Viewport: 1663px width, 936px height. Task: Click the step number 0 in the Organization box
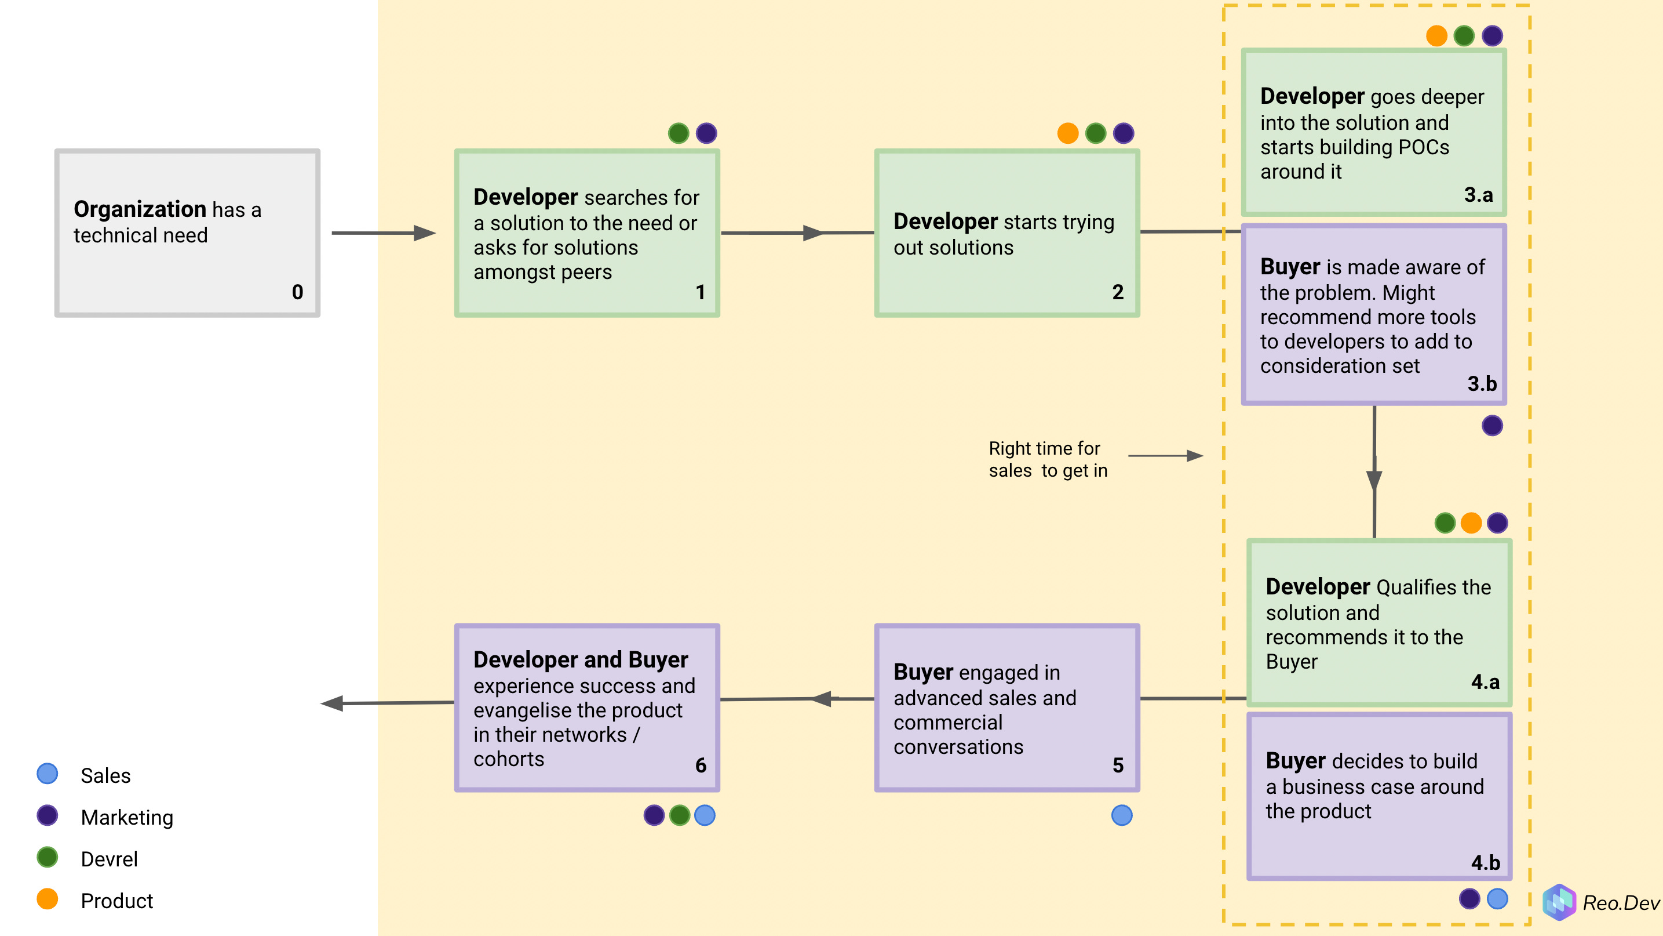[297, 292]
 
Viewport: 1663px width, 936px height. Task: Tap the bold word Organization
[140, 209]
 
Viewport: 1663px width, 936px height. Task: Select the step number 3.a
[1478, 194]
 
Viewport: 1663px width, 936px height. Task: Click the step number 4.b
[1485, 862]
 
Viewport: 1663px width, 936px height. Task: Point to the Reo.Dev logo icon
[1559, 902]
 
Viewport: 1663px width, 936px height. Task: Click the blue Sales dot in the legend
[47, 774]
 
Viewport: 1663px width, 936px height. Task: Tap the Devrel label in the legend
[109, 858]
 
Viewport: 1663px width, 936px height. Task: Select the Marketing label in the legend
[127, 817]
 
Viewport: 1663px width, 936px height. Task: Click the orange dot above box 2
[1068, 133]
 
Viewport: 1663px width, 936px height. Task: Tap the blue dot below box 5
[1121, 815]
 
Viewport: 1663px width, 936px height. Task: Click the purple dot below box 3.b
[1492, 426]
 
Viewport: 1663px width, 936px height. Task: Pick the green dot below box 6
[679, 815]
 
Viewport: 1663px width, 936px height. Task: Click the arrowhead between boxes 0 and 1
[424, 233]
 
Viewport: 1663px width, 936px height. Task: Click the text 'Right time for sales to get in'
[1047, 459]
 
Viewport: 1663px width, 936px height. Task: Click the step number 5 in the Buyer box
[1118, 766]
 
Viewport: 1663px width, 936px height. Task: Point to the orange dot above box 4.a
[1471, 523]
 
